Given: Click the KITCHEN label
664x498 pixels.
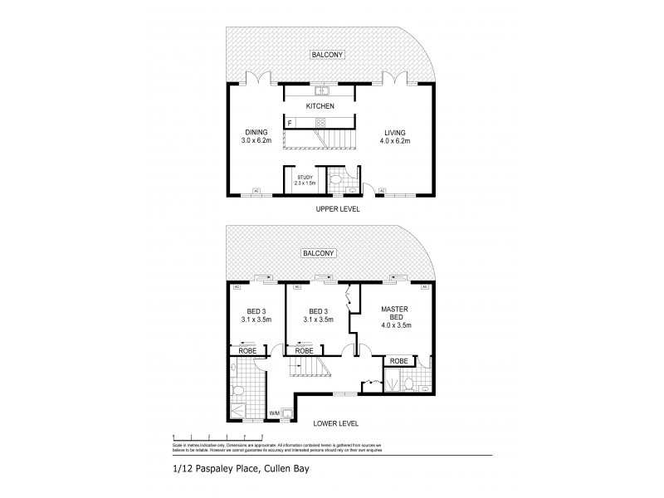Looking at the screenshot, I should [320, 107].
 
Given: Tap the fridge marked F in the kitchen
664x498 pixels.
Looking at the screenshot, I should [290, 124].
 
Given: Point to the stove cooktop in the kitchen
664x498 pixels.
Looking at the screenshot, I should [343, 124].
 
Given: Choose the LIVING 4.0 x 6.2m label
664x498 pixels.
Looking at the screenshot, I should [396, 137].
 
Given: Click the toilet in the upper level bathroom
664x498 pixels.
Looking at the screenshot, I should [336, 180].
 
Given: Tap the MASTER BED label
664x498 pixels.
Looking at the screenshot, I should [395, 315].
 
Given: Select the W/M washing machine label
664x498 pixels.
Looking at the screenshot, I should [275, 413].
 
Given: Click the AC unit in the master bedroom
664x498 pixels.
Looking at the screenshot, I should [424, 286].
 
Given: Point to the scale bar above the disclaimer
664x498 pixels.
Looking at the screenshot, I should [217, 437].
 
